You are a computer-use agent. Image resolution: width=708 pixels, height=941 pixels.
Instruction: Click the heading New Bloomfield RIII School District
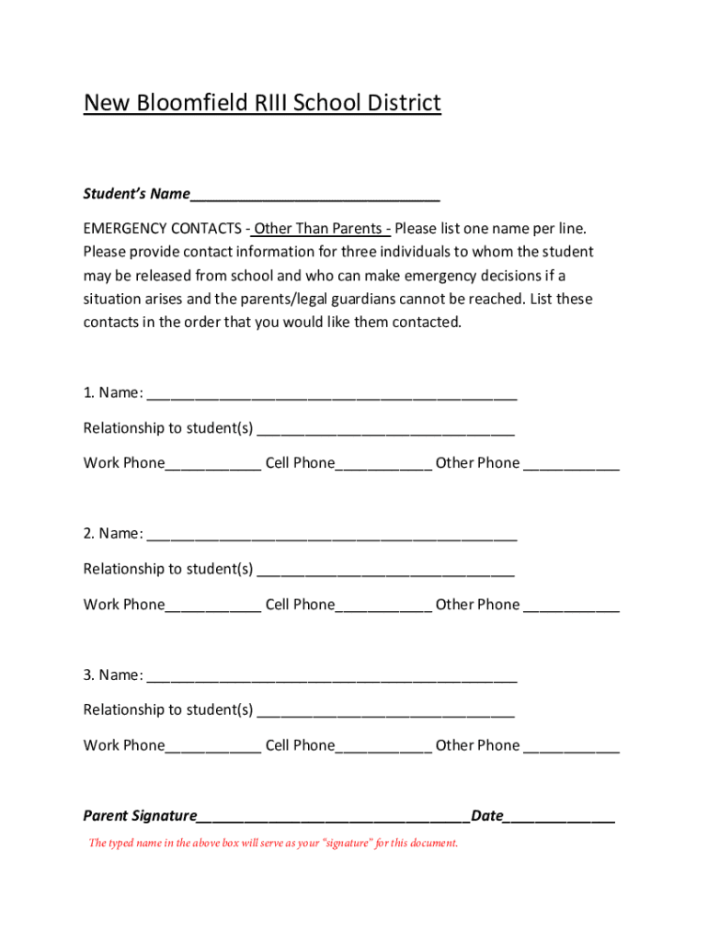click(262, 103)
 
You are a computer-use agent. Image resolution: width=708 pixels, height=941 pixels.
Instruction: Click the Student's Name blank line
click(314, 195)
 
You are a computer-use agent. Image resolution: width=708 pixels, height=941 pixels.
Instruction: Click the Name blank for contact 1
click(331, 394)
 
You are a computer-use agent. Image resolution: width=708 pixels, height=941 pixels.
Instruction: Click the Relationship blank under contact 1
click(385, 429)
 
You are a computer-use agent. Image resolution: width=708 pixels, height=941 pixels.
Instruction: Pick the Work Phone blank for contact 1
click(213, 464)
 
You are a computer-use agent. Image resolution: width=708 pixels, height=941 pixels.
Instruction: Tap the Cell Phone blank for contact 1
click(383, 464)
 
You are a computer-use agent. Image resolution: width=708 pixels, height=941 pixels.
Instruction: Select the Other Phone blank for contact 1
click(571, 464)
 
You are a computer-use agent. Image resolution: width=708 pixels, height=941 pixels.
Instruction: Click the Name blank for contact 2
click(331, 535)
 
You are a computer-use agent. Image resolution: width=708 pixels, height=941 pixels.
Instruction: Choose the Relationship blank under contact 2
click(385, 570)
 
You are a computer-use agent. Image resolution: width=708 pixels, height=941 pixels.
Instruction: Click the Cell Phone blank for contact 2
click(383, 606)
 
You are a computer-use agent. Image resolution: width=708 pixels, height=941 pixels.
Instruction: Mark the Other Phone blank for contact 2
click(571, 606)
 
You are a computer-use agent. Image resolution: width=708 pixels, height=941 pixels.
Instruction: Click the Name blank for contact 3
click(331, 676)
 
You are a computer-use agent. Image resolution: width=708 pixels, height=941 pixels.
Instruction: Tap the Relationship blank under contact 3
click(385, 711)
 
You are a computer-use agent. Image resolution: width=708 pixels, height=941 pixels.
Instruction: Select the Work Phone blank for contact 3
click(213, 746)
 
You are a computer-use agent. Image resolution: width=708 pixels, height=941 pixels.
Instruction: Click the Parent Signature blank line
click(333, 817)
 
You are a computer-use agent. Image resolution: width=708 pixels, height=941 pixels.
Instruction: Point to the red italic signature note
click(273, 843)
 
